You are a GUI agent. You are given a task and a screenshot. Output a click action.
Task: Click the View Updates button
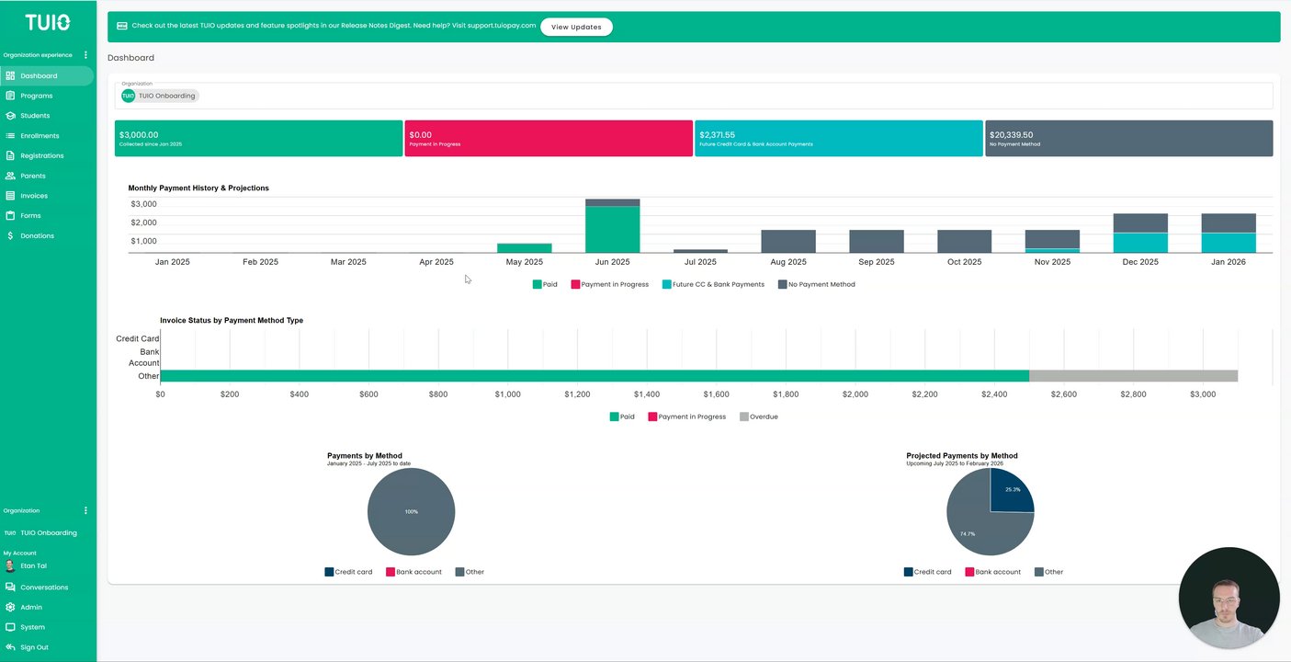point(576,27)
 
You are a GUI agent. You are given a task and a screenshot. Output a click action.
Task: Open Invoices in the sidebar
point(34,196)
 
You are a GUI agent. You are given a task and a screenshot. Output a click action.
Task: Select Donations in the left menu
point(37,235)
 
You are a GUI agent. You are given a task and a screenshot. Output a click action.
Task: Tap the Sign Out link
point(34,647)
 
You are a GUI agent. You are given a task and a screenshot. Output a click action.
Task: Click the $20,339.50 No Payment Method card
point(1128,138)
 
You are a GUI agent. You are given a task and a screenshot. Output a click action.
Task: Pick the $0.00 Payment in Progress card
point(548,138)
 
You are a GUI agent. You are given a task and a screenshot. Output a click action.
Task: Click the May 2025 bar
point(524,248)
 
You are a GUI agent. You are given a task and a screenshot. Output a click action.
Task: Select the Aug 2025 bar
point(788,242)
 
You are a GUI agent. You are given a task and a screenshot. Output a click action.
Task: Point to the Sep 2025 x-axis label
point(876,262)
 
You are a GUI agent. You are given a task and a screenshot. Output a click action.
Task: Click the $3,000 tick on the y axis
point(143,204)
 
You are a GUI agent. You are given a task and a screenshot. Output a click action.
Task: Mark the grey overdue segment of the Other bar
point(1133,376)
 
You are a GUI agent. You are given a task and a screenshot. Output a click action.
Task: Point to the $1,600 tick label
point(716,394)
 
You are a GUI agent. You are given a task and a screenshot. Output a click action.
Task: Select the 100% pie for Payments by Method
point(411,511)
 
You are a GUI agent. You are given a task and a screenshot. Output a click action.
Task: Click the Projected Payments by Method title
point(961,455)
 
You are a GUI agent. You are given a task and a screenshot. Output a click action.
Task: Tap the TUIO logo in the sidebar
point(48,22)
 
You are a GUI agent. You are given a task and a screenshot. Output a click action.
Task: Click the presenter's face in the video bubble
point(1226,599)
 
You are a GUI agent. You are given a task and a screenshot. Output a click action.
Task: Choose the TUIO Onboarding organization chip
point(160,96)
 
